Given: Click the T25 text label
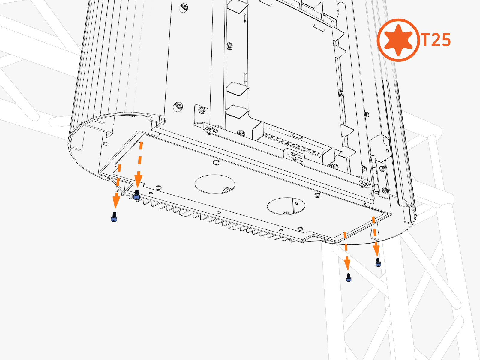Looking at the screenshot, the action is [x=435, y=40].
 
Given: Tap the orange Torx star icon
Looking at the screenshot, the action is [x=398, y=40].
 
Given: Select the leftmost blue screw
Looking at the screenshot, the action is [x=114, y=217].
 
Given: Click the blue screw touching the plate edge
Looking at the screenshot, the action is [x=137, y=195].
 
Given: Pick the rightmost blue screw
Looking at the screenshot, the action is [x=378, y=262].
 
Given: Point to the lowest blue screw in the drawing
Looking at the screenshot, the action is [x=349, y=277].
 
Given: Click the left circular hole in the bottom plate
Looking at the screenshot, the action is [x=215, y=184].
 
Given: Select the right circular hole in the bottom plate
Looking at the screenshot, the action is [x=286, y=206].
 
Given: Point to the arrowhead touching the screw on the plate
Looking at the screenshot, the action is [x=138, y=181].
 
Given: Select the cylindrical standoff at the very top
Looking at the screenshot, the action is [x=183, y=8].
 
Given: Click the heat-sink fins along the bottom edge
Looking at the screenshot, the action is [x=217, y=219].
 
